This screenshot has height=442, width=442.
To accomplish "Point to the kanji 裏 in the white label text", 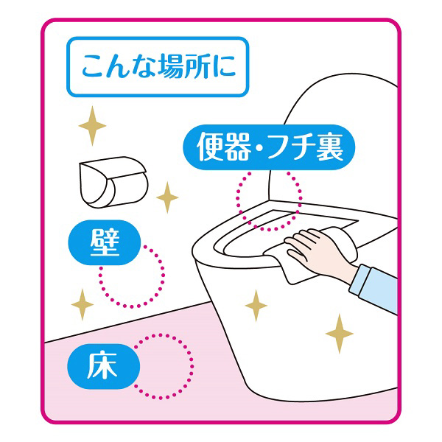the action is coord(329,147).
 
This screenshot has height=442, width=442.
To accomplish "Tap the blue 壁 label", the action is coord(105,242).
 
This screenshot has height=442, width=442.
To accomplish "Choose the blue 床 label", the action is coord(103,366).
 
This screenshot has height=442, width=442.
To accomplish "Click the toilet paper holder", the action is coord(113,182).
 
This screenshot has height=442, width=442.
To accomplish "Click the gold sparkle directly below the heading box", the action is coord(92,126).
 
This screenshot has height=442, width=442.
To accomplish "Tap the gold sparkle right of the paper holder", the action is coord(167,197).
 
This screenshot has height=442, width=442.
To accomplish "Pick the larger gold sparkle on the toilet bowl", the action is coord(339,334).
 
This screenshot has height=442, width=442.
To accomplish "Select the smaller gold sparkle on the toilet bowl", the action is coord(256,306).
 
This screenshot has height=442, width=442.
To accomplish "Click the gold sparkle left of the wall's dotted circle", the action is coord(83,304).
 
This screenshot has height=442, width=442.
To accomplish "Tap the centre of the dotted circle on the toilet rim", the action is coord(269,200).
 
